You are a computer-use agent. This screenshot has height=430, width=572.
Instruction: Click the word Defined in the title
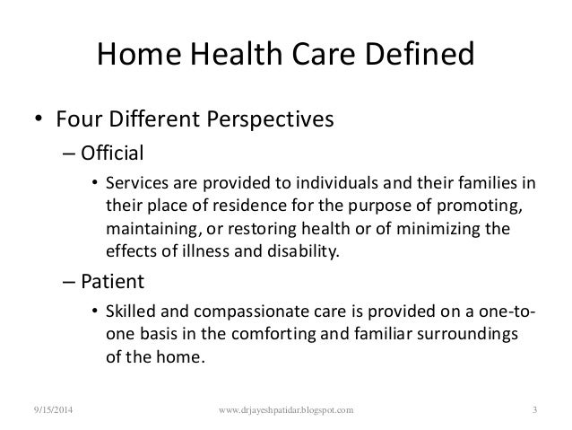pyautogui.click(x=420, y=54)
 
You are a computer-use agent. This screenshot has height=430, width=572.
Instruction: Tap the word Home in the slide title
pyautogui.click(x=139, y=54)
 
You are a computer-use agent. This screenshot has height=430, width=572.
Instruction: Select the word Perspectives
pyautogui.click(x=270, y=119)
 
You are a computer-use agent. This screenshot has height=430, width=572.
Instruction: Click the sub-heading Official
pyautogui.click(x=112, y=153)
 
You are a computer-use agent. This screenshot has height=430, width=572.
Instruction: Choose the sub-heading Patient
pyautogui.click(x=112, y=281)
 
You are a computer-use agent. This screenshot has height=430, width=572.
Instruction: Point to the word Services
pyautogui.click(x=137, y=182)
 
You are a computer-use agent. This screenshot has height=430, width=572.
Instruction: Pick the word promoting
pyautogui.click(x=480, y=206)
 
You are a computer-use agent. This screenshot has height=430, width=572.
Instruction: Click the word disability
pyautogui.click(x=304, y=251)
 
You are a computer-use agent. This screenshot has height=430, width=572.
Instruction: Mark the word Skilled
pyautogui.click(x=131, y=312)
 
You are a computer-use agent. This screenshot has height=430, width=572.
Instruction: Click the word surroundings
pyautogui.click(x=467, y=335)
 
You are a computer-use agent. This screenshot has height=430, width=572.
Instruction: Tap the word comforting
pyautogui.click(x=274, y=335)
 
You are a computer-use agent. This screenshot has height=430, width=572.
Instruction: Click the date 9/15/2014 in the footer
pyautogui.click(x=53, y=410)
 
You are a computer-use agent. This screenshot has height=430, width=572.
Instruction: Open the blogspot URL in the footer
pyautogui.click(x=286, y=410)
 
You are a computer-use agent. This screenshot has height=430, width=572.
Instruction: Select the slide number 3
pyautogui.click(x=534, y=410)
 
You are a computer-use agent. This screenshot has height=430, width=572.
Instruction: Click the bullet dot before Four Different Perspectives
pyautogui.click(x=39, y=118)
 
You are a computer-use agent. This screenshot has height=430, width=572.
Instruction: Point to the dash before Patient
pyautogui.click(x=69, y=283)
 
